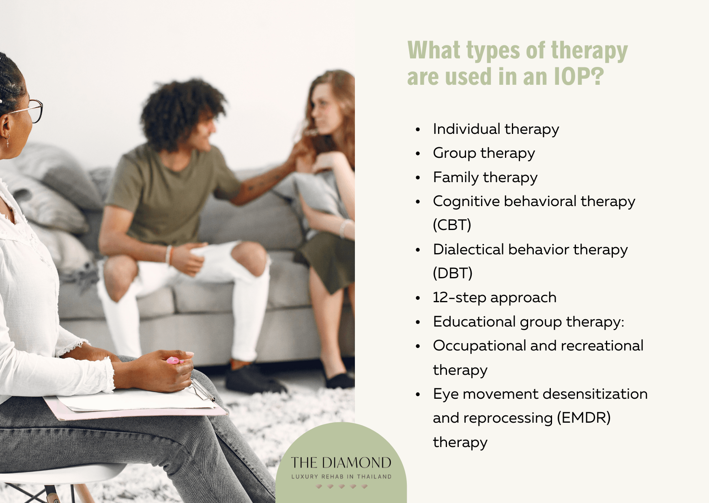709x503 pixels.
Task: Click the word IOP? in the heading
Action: pos(579,77)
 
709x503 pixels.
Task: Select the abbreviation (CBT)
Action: pos(452,225)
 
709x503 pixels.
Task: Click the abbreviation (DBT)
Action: pos(453,273)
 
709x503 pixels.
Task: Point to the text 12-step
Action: pos(459,298)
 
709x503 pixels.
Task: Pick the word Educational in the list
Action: pos(474,322)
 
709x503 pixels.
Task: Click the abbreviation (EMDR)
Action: pos(584,418)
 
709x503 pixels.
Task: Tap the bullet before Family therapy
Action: pos(418,178)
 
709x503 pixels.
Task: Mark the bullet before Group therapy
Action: pos(418,154)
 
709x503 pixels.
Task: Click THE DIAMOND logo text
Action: pos(341,463)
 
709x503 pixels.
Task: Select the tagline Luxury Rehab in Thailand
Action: pos(341,477)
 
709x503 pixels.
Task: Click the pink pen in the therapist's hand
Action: pos(174,360)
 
